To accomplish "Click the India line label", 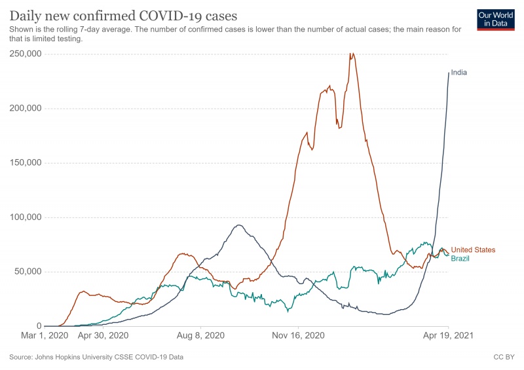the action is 459,73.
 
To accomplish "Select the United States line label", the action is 473,250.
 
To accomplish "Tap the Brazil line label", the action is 460,259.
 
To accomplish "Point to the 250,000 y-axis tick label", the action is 26,54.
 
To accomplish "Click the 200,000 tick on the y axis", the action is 26,108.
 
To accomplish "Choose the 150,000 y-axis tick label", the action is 26,163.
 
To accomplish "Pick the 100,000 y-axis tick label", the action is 26,217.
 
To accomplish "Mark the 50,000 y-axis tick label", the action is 28,271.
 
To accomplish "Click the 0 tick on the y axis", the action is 39,326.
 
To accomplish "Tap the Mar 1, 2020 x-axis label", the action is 45,335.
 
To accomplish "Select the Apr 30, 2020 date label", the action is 103,335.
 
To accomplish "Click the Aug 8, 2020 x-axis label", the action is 200,335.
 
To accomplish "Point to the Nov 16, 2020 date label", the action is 298,335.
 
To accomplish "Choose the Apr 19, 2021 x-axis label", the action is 448,335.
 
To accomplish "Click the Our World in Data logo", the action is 496,20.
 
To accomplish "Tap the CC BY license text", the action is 504,357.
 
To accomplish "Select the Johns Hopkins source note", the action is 96,357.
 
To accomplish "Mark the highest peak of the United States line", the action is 351,53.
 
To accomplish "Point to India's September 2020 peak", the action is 238,225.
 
